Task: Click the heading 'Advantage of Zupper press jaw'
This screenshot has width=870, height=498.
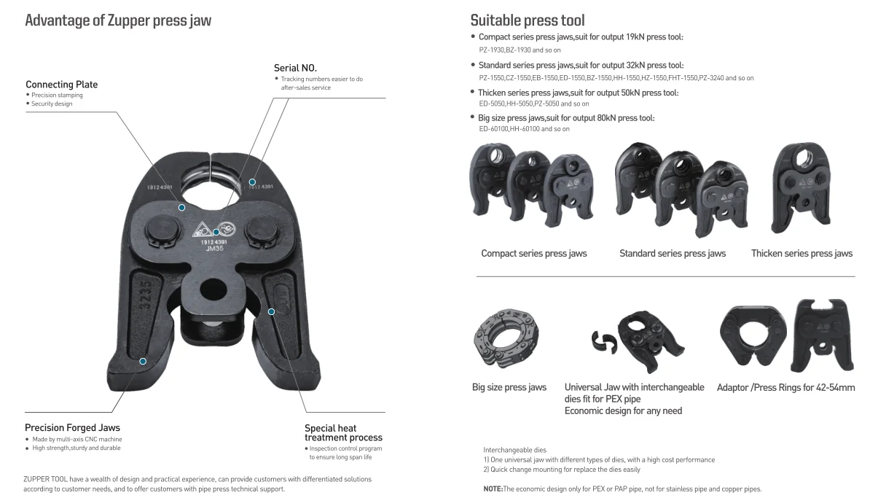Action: [x=118, y=20]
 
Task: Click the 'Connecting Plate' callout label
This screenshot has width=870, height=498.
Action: [x=61, y=85]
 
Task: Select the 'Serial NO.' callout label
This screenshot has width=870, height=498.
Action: [x=295, y=68]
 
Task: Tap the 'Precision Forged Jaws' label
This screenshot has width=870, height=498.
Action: [x=72, y=427]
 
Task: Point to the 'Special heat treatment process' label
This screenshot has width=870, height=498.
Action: [x=343, y=432]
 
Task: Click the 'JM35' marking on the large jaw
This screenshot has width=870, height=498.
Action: [x=215, y=249]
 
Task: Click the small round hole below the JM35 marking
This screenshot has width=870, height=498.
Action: [x=214, y=287]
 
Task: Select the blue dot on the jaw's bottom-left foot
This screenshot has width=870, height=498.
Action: [x=143, y=361]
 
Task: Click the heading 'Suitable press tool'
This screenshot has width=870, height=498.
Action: [x=527, y=20]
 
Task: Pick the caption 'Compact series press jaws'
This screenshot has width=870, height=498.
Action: [x=533, y=254]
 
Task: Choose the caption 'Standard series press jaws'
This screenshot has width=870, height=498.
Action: [x=673, y=254]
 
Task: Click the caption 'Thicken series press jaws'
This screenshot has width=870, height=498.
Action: [x=802, y=254]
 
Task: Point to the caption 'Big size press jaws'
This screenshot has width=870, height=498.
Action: [x=509, y=387]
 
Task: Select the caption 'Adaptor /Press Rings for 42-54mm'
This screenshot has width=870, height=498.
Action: [x=785, y=387]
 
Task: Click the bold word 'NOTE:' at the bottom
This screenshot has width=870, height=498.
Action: [x=493, y=489]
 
